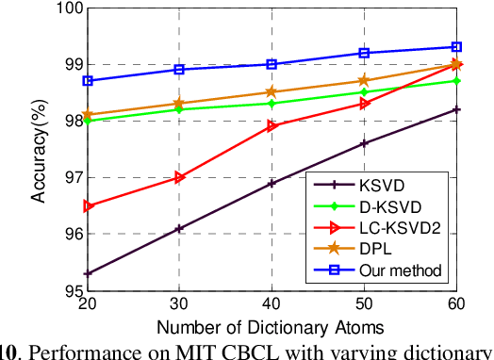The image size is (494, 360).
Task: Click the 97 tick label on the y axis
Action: pyautogui.click(x=72, y=177)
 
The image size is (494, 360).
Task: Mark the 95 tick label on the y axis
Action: pyautogui.click(x=72, y=291)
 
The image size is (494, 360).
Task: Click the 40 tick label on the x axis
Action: pyautogui.click(x=272, y=307)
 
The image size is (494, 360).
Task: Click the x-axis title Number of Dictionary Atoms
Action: pyautogui.click(x=270, y=328)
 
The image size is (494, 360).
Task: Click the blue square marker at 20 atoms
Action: pyautogui.click(x=88, y=81)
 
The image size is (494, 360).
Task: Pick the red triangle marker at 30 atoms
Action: pyautogui.click(x=180, y=177)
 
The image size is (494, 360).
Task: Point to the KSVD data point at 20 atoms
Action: pyautogui.click(x=88, y=273)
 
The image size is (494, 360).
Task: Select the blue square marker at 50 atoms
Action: pyautogui.click(x=364, y=53)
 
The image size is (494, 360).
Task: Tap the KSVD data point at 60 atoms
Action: pyautogui.click(x=456, y=109)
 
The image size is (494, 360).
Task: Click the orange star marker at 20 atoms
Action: pyautogui.click(x=88, y=115)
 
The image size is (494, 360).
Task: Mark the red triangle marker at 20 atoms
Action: pyautogui.click(x=88, y=205)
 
